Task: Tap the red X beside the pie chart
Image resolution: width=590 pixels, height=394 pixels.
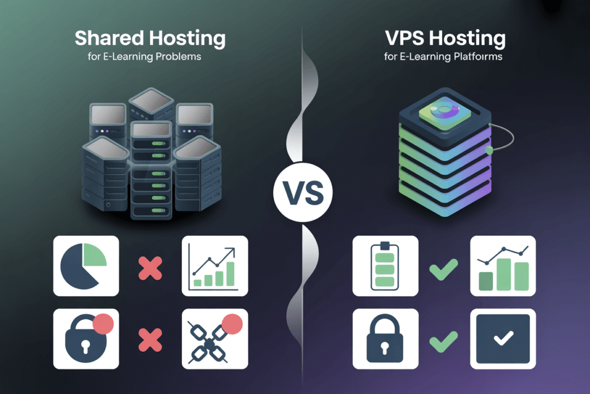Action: click(150, 267)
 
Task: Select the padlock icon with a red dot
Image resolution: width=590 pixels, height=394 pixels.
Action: click(86, 339)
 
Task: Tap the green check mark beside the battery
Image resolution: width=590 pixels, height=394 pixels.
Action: click(444, 268)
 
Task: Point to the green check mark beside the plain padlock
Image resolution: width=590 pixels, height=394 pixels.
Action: click(444, 340)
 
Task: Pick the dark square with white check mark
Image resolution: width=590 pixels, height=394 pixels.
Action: click(503, 339)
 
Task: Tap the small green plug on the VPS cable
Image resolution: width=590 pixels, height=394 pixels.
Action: click(490, 150)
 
